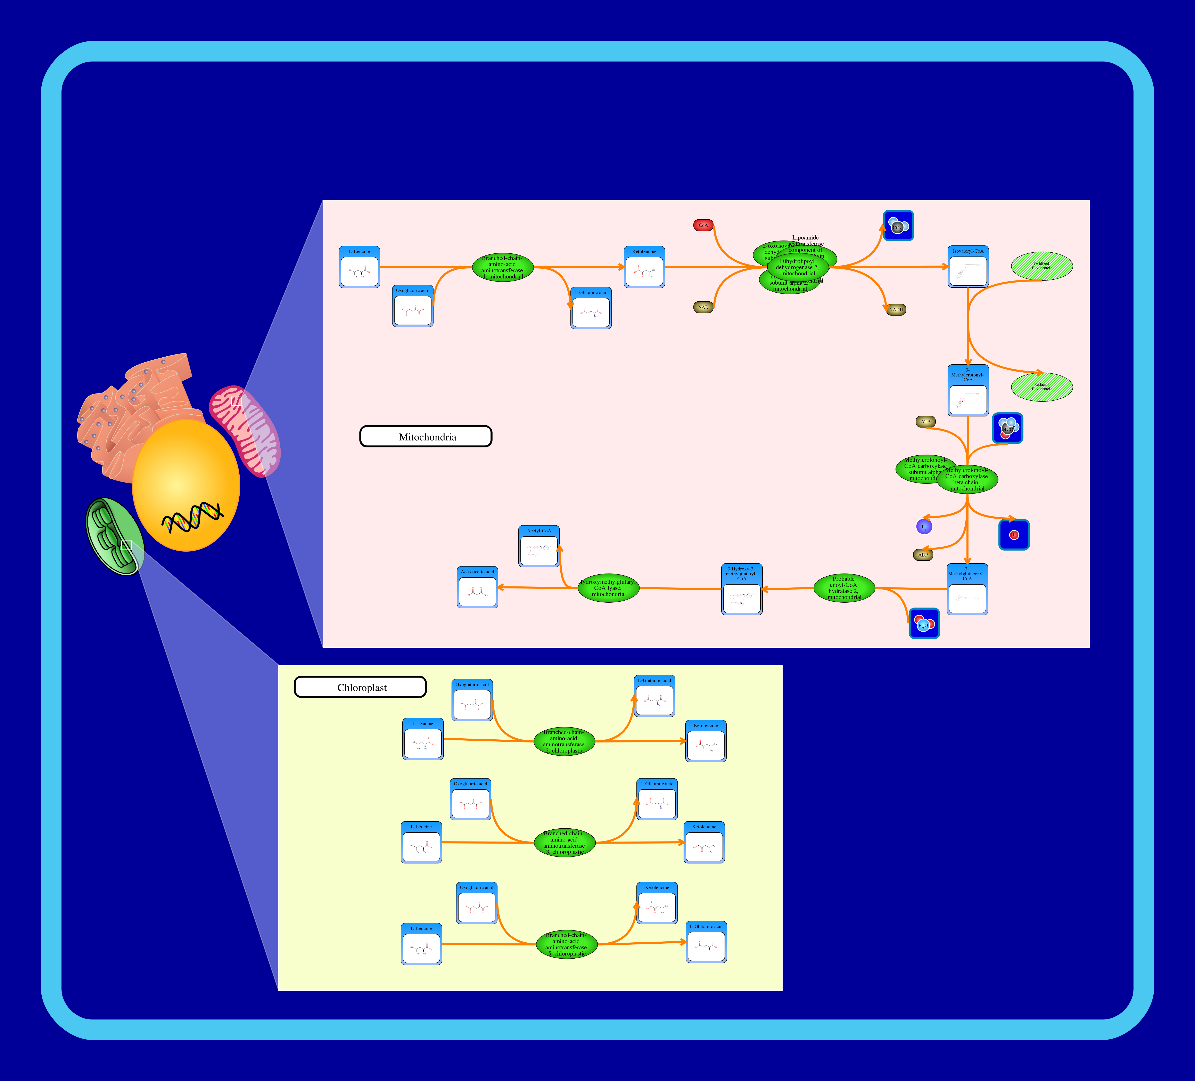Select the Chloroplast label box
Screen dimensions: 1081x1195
pos(360,687)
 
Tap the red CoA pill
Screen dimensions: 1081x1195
pos(703,225)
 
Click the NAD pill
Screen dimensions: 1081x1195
pos(703,307)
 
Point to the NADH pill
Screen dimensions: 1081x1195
pos(896,310)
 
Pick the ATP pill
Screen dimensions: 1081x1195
pos(925,422)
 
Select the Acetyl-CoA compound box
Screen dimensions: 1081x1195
pos(539,547)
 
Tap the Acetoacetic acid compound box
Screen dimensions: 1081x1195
pos(477,588)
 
